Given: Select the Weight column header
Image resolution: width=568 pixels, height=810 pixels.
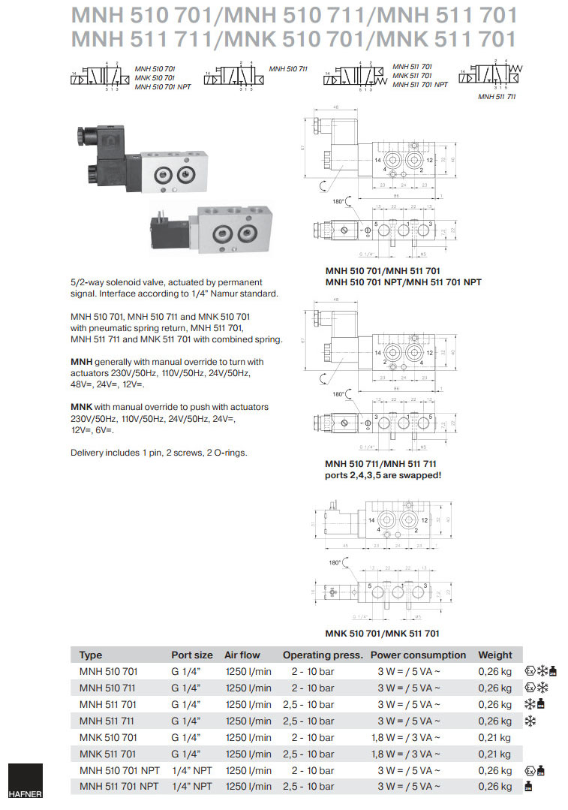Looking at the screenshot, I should tap(495, 655).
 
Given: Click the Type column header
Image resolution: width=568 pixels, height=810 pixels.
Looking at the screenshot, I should tap(91, 655).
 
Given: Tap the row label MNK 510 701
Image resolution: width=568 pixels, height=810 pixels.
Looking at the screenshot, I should tap(108, 737).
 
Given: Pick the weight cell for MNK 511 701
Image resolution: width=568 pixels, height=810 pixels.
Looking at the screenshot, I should tap(494, 754).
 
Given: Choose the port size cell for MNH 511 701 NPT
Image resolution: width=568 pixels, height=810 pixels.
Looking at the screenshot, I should tap(191, 787).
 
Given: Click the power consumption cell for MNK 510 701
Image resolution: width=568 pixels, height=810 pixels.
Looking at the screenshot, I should tap(405, 737).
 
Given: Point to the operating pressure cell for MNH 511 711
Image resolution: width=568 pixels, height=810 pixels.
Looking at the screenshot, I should tap(308, 721).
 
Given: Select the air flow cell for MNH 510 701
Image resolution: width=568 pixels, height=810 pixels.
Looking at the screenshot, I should tap(248, 671).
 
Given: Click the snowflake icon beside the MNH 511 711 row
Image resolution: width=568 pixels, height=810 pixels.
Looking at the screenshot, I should tap(530, 721).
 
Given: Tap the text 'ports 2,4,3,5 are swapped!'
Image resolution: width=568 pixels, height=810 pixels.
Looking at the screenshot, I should tap(383, 474).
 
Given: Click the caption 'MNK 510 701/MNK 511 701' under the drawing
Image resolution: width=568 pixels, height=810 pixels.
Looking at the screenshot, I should tap(382, 634).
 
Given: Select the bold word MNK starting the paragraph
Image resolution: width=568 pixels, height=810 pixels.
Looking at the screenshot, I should tap(81, 407).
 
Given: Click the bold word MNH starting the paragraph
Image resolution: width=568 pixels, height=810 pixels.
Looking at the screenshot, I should tap(81, 362).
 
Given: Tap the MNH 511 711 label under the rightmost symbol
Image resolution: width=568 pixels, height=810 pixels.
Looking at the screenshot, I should tap(497, 96).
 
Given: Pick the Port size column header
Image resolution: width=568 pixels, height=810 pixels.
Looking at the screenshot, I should tap(192, 655).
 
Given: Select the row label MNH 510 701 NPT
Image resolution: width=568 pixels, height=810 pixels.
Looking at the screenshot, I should tap(119, 770).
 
